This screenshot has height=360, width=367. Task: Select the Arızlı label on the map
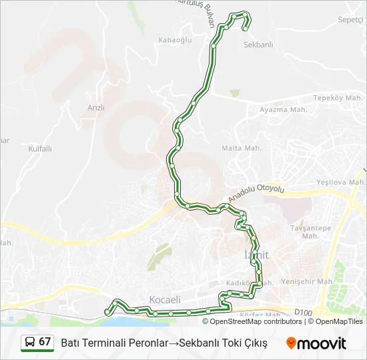point(96,107)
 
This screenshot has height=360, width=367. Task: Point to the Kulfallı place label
point(40,149)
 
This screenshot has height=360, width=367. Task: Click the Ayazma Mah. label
point(283,109)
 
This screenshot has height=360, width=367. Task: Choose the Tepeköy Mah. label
point(338,97)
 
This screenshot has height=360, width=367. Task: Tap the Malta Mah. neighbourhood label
point(241,147)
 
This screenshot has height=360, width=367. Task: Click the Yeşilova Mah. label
point(341,181)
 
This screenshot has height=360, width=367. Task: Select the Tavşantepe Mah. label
point(310,231)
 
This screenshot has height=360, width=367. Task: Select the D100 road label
point(302,312)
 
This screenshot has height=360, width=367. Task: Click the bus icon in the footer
point(30,343)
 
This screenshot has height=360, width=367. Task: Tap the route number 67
point(45,342)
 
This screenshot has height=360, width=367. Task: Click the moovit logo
point(316,343)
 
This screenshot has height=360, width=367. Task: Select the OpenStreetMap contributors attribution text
point(256,321)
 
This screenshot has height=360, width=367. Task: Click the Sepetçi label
point(351,19)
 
